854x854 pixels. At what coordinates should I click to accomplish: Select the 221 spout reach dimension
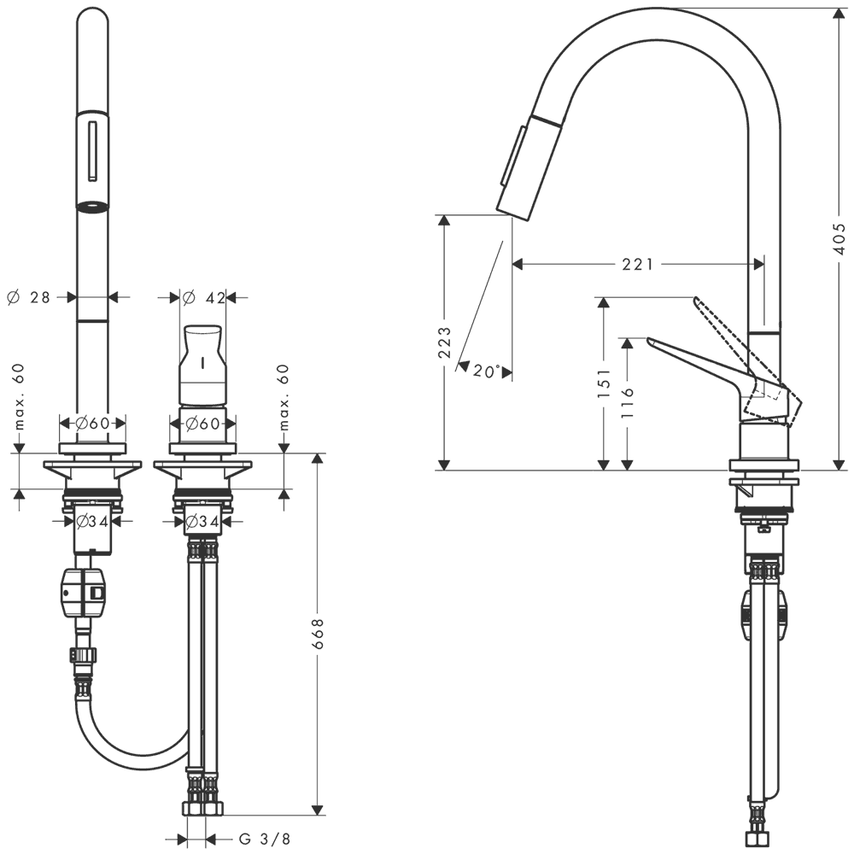pyautogui.click(x=638, y=264)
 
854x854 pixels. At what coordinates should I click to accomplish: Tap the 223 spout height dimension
pyautogui.click(x=444, y=342)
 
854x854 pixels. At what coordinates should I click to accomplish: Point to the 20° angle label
pyautogui.click(x=487, y=371)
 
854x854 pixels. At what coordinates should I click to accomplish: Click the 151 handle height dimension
pyautogui.click(x=604, y=383)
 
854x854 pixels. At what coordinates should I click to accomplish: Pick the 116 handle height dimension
pyautogui.click(x=628, y=402)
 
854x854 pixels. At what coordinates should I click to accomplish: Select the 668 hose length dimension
pyautogui.click(x=318, y=634)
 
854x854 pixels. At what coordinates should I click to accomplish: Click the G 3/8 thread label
pyautogui.click(x=265, y=839)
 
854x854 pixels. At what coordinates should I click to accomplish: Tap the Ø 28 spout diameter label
pyautogui.click(x=28, y=297)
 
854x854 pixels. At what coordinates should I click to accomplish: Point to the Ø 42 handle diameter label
pyautogui.click(x=204, y=298)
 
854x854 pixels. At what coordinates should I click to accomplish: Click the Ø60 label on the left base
pyautogui.click(x=92, y=423)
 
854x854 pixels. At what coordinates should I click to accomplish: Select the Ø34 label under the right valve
pyautogui.click(x=202, y=522)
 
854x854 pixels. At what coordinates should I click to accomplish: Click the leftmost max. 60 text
pyautogui.click(x=20, y=396)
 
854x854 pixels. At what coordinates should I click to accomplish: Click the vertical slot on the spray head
pyautogui.click(x=92, y=150)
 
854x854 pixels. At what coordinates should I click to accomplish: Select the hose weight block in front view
pyautogui.click(x=85, y=594)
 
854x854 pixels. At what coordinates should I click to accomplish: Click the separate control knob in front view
pyautogui.click(x=202, y=366)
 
